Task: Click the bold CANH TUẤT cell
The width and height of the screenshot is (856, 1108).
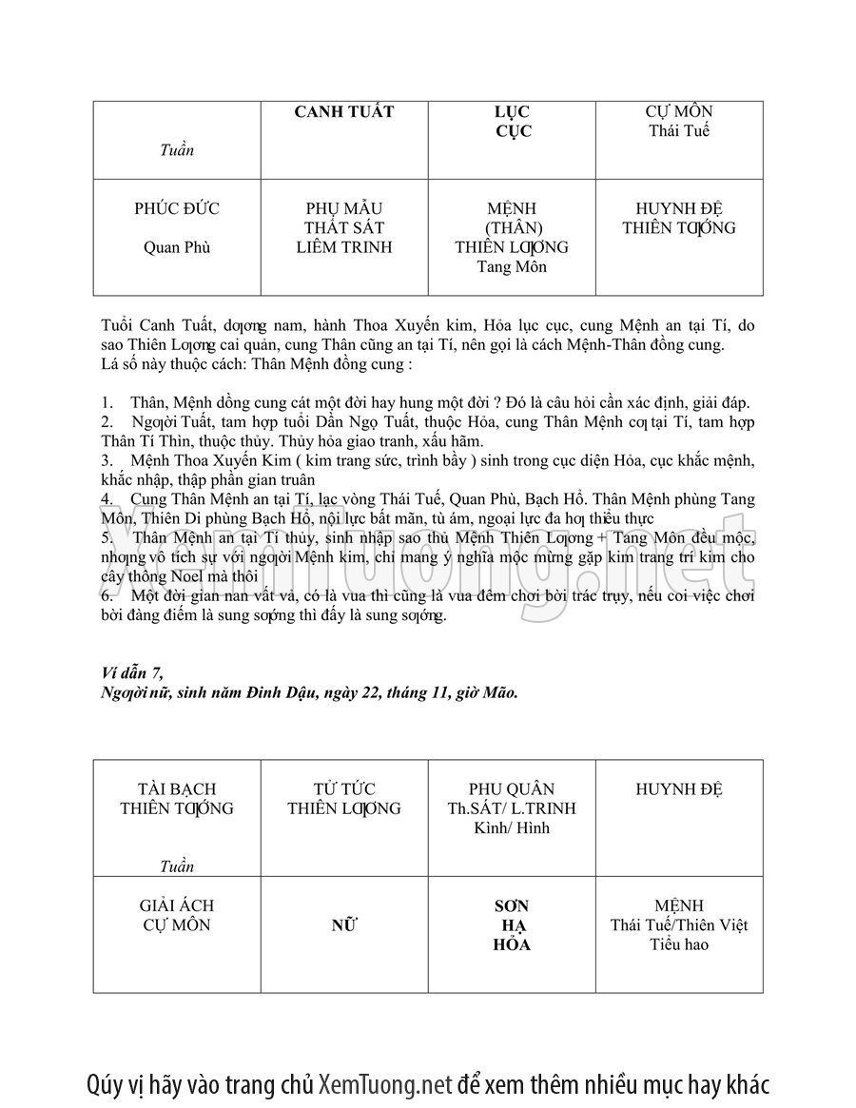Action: pos(343,112)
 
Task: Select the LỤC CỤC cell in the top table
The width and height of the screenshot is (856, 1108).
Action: pos(513,122)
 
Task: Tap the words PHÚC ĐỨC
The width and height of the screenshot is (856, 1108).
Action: pos(177,209)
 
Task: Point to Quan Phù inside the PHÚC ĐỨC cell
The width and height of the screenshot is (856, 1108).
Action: pos(177,248)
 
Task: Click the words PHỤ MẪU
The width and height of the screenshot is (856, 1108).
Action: pos(344,209)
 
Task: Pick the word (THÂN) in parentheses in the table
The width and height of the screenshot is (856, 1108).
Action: pos(513,228)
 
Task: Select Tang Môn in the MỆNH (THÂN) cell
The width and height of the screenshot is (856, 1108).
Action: pos(512,267)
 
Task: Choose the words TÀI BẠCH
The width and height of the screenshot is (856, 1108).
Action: pos(177,789)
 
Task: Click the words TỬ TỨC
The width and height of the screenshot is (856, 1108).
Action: pos(344,789)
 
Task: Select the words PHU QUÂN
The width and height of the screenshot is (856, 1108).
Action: pos(512,789)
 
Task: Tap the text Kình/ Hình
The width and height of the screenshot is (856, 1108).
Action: pos(512,828)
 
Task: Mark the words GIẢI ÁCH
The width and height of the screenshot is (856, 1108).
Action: pos(177,906)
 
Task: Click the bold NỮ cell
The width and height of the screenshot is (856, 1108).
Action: pos(344,925)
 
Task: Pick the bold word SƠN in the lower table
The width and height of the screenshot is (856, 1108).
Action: pos(512,906)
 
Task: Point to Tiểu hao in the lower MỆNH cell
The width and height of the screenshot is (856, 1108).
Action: pos(679,944)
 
